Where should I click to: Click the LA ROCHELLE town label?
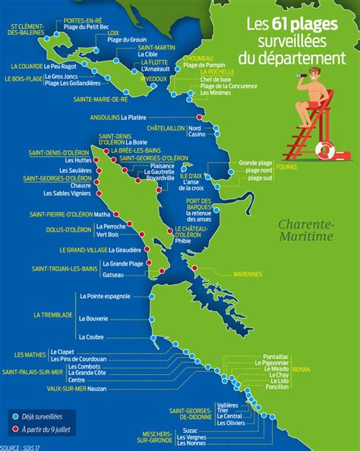point(216,74)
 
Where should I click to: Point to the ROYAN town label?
point(302,370)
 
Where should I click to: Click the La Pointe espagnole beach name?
point(104,295)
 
